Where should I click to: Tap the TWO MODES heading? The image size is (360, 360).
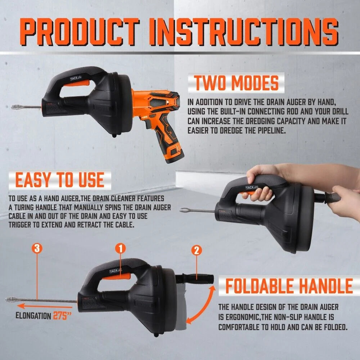point(237,83)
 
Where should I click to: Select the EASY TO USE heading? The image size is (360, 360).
point(60,180)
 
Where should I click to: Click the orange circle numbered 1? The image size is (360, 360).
point(121,248)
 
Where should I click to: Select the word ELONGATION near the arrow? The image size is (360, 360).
point(33,316)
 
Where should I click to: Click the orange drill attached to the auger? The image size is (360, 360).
point(159,108)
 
